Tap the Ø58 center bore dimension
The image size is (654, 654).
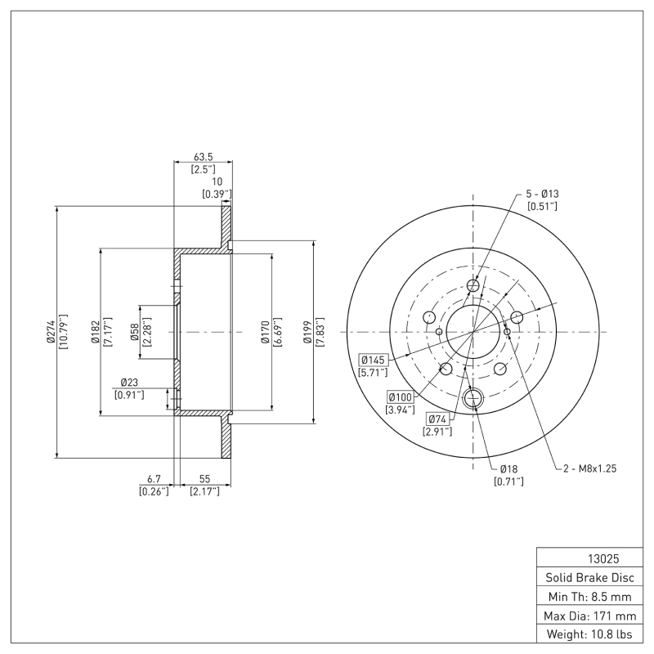135,332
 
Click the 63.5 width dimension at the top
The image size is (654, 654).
204,156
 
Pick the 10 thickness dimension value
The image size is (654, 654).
217,181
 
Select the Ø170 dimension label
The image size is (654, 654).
266,332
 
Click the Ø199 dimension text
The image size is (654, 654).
307,332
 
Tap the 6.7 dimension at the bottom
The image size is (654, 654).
154,477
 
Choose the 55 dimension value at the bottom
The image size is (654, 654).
204,477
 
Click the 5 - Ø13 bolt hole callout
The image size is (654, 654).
542,194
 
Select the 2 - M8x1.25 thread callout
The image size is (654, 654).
591,468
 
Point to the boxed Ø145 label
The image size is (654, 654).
373,360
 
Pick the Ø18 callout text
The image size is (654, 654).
508,468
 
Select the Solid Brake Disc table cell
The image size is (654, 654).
588,577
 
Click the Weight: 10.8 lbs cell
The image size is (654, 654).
588,634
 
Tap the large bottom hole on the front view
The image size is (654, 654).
473,399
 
